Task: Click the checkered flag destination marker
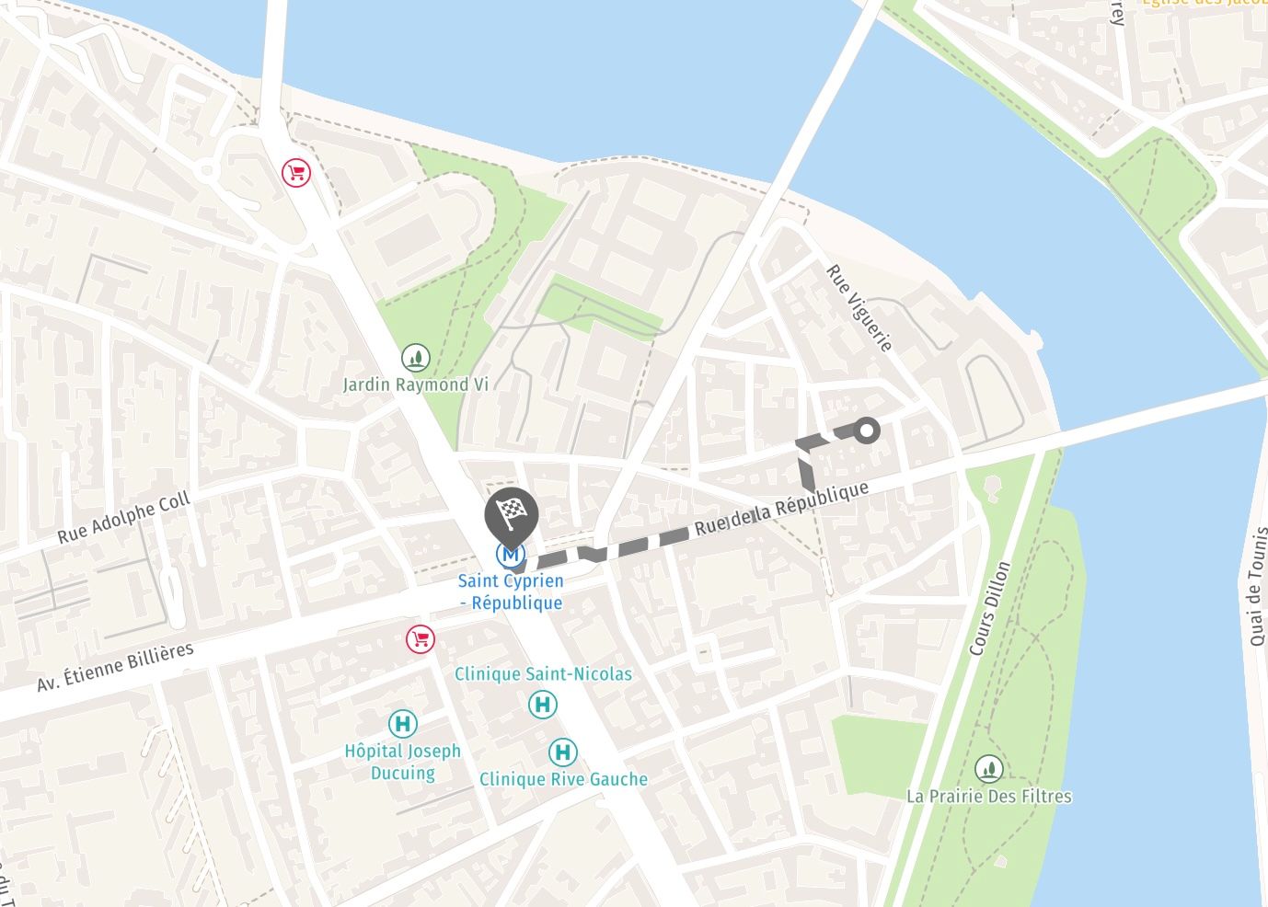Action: pos(511,513)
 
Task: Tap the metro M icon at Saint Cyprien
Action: pos(511,554)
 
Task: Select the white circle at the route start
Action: pos(866,430)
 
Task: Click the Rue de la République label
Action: pos(781,508)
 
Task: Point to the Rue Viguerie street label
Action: pos(859,308)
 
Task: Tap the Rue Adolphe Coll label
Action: pos(124,517)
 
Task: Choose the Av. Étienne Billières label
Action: pos(116,667)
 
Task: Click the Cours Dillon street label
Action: pos(989,608)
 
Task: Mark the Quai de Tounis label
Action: pos(1257,586)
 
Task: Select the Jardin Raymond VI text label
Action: pos(415,385)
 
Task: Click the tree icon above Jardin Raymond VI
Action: pos(416,357)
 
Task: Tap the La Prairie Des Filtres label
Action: pos(989,796)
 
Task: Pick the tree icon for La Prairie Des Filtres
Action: pos(989,768)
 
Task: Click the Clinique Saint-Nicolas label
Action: pos(543,674)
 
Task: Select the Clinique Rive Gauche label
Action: pos(563,779)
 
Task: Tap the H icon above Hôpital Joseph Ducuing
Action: pos(402,724)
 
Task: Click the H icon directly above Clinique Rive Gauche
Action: pos(563,752)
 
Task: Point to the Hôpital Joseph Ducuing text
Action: pos(402,762)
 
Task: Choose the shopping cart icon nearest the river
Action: pos(295,172)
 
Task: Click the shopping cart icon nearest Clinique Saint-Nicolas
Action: pos(421,639)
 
